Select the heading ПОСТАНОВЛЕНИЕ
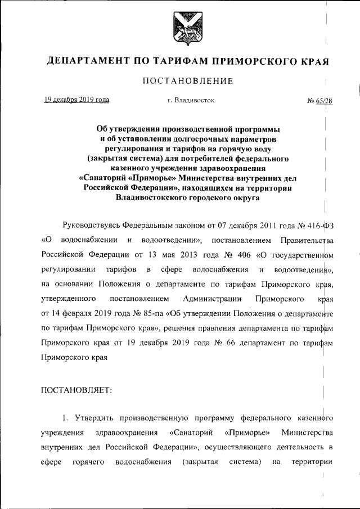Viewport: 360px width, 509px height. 188,81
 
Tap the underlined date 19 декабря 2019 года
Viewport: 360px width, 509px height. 77,100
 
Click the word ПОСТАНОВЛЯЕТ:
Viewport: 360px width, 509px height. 76,390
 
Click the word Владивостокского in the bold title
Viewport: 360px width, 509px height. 150,198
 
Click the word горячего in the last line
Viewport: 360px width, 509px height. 87,462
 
